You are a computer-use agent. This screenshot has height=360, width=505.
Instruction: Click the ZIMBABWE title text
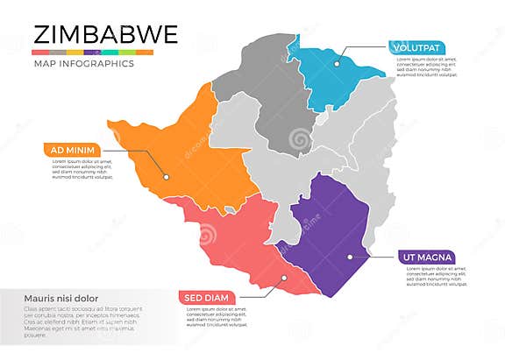click(x=105, y=33)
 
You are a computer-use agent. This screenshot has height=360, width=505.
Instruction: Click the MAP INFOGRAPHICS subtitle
click(x=84, y=64)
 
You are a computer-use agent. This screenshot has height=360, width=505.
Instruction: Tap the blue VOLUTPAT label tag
click(x=416, y=47)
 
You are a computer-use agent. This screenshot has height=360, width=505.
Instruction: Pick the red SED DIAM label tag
click(x=207, y=297)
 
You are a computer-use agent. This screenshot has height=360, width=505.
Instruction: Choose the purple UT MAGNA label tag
click(x=426, y=257)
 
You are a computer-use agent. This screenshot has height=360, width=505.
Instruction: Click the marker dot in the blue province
click(x=336, y=62)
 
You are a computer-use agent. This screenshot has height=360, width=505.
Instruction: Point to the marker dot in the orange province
click(x=164, y=175)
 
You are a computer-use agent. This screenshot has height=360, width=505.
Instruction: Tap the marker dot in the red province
click(x=283, y=279)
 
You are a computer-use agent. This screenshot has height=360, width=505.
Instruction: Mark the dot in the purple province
click(x=349, y=257)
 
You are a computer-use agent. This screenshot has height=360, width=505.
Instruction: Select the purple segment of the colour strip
click(x=94, y=53)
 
